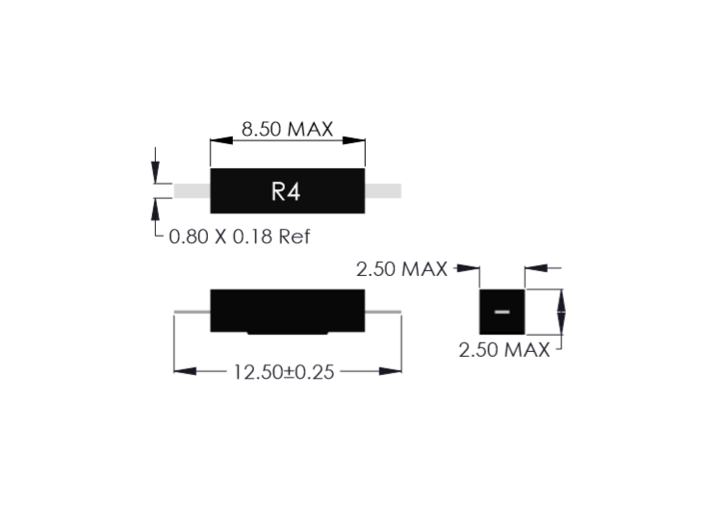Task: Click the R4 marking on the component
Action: click(x=286, y=191)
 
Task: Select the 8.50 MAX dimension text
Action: click(x=287, y=129)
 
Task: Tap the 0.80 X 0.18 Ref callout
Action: click(x=240, y=237)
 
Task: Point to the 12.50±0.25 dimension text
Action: click(x=284, y=372)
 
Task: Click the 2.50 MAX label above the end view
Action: click(x=401, y=269)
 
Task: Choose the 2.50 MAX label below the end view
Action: click(x=504, y=350)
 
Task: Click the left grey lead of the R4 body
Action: click(x=192, y=190)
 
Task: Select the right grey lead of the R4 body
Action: click(x=383, y=190)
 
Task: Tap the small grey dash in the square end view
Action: click(x=502, y=312)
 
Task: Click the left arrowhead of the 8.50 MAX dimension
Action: click(x=221, y=140)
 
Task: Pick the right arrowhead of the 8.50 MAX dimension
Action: click(x=353, y=140)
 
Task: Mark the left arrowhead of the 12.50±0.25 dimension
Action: click(x=185, y=370)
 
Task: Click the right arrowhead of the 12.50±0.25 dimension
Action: click(x=391, y=370)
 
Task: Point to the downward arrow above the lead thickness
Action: click(x=156, y=165)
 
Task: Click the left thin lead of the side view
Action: click(x=192, y=312)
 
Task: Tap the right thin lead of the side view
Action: click(x=383, y=312)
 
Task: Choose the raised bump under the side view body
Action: click(x=287, y=333)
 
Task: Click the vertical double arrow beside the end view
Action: click(x=561, y=313)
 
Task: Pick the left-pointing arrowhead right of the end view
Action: click(x=536, y=267)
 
